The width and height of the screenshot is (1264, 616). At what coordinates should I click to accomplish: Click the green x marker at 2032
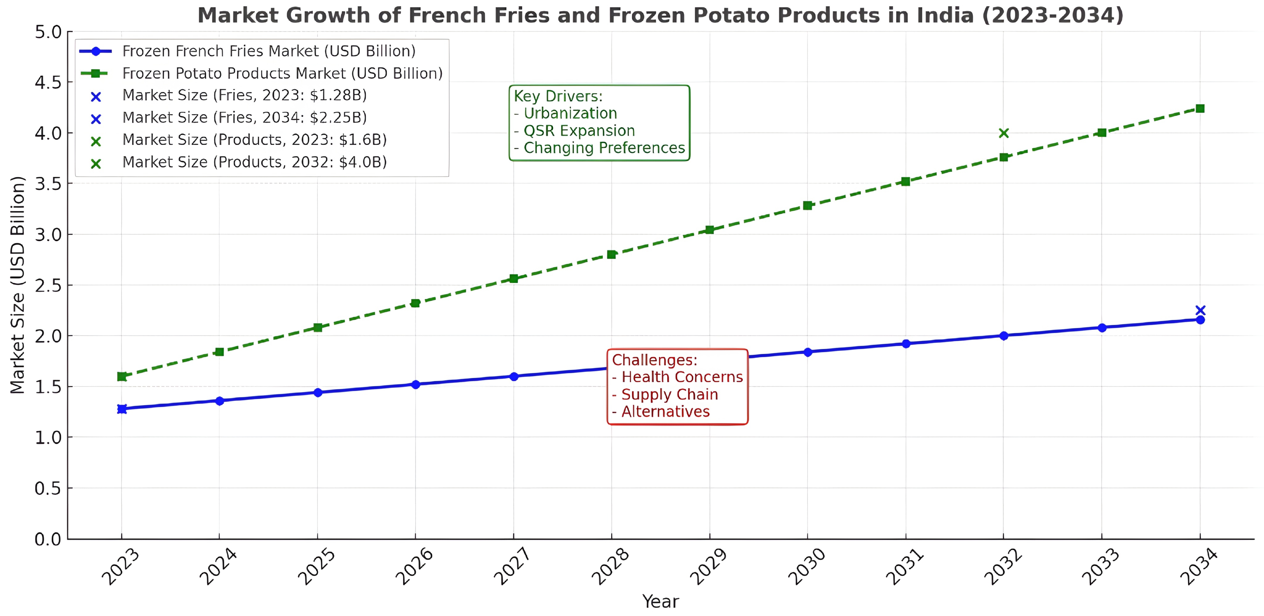pyautogui.click(x=1004, y=133)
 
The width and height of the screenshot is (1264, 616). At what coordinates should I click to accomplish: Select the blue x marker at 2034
pyautogui.click(x=1200, y=310)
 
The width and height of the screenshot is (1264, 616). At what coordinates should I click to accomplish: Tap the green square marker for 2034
pyautogui.click(x=1200, y=108)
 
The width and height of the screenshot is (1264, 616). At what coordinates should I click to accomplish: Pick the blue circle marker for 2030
pyautogui.click(x=808, y=352)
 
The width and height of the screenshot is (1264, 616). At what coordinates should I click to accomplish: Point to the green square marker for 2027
pyautogui.click(x=513, y=279)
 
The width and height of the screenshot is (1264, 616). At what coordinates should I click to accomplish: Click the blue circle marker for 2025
pyautogui.click(x=318, y=392)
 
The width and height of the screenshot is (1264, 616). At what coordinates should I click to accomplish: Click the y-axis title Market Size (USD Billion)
pyautogui.click(x=18, y=284)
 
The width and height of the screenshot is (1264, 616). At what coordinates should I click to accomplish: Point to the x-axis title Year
pyautogui.click(x=660, y=601)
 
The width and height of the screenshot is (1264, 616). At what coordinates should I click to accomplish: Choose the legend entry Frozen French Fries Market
pyautogui.click(x=268, y=51)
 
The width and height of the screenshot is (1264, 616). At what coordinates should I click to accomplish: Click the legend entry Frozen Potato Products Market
pyautogui.click(x=282, y=73)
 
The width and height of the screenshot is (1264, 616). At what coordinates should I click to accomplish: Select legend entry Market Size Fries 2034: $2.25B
pyautogui.click(x=244, y=118)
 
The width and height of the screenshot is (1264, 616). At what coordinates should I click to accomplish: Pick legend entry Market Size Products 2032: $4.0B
pyautogui.click(x=254, y=162)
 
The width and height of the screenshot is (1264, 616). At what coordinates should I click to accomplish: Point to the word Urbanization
pyautogui.click(x=570, y=113)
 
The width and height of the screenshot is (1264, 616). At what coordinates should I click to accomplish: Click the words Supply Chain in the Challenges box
pyautogui.click(x=669, y=394)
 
